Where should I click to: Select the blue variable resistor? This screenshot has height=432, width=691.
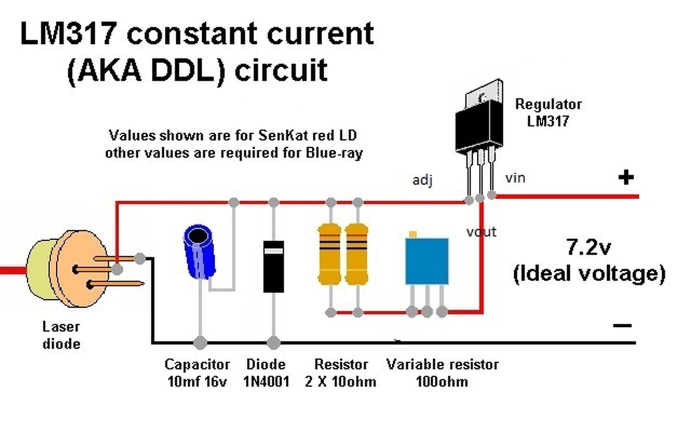[426, 260]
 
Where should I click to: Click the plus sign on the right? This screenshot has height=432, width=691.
[626, 178]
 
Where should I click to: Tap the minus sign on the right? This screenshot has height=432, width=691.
[622, 325]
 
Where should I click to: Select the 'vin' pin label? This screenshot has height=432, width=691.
[515, 177]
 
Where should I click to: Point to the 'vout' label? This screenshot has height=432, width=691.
[482, 232]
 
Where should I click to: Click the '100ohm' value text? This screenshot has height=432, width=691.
[442, 381]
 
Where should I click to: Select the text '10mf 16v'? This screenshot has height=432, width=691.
[196, 381]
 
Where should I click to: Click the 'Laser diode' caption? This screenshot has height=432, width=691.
[61, 335]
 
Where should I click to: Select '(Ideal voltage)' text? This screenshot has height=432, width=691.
[588, 273]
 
